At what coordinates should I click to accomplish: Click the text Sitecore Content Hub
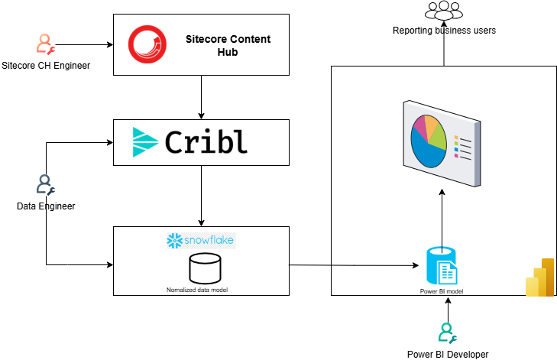coord(228,45)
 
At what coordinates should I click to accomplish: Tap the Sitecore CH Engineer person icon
coord(45,44)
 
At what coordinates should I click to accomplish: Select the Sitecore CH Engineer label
coord(46,66)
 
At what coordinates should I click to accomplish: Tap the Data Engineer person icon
coord(45,185)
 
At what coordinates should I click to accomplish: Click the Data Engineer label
coord(46,206)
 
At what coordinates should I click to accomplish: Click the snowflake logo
coord(201,241)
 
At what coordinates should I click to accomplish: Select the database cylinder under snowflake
coord(205,268)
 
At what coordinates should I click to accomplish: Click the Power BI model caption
coord(441,291)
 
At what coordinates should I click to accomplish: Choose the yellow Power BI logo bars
coord(539,277)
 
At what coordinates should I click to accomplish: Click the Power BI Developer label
coord(448,354)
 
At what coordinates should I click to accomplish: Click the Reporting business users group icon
coord(444,11)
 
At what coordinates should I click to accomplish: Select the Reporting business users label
coord(444,31)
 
